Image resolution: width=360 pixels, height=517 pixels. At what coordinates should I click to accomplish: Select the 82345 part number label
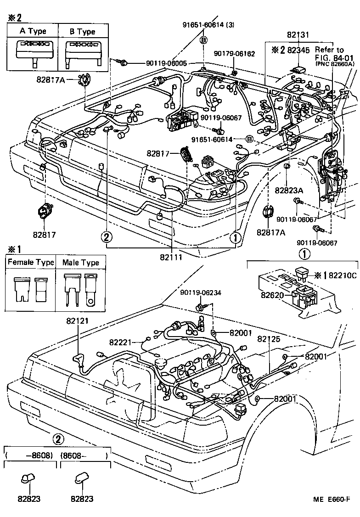click(x=298, y=50)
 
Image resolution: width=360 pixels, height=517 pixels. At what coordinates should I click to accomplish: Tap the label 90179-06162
click(x=235, y=54)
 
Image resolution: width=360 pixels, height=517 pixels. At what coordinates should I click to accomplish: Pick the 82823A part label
click(x=289, y=190)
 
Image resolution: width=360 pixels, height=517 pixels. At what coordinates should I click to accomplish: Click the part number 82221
click(x=121, y=342)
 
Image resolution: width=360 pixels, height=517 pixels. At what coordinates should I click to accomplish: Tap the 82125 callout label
click(x=269, y=339)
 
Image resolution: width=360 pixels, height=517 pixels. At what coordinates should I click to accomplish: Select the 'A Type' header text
click(x=33, y=31)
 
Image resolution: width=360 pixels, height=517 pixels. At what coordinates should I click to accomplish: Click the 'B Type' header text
click(x=82, y=31)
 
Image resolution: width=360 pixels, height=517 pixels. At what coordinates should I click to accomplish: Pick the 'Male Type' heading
click(x=80, y=263)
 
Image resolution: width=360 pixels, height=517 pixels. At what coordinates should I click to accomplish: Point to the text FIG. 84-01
click(x=334, y=57)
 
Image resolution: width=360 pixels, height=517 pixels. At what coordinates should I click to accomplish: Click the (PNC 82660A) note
click(x=335, y=64)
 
